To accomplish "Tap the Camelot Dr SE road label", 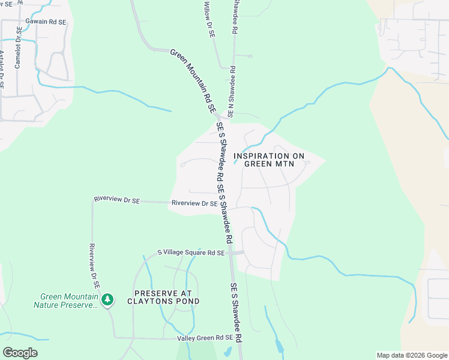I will (x=19, y=47).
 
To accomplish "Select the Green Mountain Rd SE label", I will (x=193, y=82).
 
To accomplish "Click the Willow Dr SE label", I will (x=209, y=20).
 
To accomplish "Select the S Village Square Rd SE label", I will (x=190, y=253).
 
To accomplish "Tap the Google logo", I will (x=20, y=353).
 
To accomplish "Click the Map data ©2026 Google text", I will (x=411, y=355).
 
